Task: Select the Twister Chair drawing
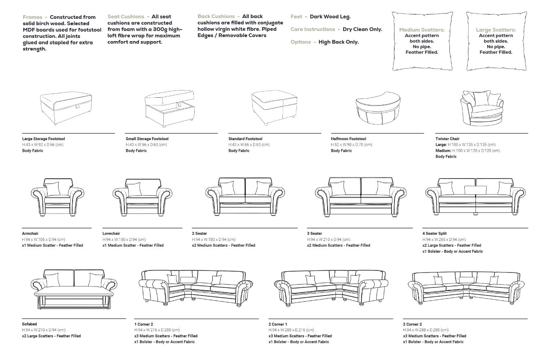pos(481,108)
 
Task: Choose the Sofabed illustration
pos(74,289)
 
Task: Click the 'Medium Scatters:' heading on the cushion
pos(422,30)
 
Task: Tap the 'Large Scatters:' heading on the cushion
pos(496,30)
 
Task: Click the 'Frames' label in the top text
pos(32,17)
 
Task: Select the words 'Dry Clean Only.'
pos(362,30)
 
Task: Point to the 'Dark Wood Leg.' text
pos(330,17)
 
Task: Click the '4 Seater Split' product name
pos(434,234)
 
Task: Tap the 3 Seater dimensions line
pos(329,239)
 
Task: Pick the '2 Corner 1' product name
pos(278,324)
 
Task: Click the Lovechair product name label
pos(111,234)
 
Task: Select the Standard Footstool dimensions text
pos(249,144)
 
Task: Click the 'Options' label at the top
pos(301,42)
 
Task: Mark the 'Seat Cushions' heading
pos(126,17)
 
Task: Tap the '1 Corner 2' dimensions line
pos(157,330)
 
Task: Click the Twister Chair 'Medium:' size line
pos(467,151)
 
